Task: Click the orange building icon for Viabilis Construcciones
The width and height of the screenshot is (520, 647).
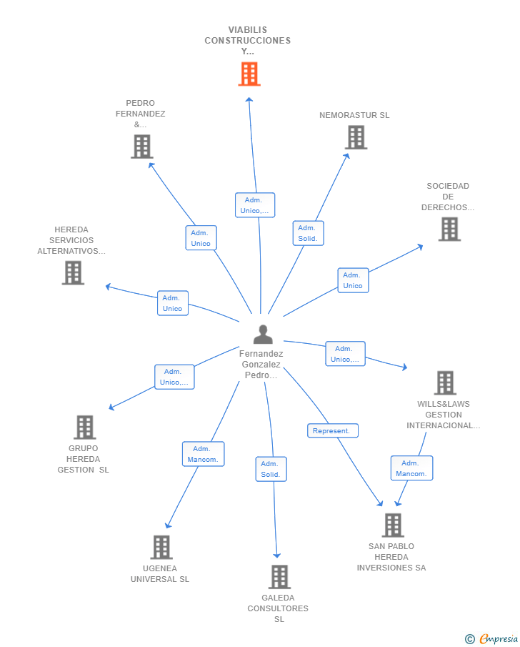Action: (249, 74)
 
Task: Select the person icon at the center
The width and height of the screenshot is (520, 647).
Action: (263, 335)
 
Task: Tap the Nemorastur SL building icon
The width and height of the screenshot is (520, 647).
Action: (356, 137)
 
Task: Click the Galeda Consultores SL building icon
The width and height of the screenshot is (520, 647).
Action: (279, 577)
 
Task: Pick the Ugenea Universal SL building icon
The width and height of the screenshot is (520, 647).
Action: (161, 547)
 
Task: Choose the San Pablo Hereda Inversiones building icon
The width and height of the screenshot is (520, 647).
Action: (393, 525)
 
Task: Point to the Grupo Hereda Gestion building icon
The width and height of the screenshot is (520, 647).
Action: (84, 427)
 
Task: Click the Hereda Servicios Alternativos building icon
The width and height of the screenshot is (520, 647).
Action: (73, 273)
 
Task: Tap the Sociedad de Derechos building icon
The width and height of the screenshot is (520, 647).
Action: (449, 229)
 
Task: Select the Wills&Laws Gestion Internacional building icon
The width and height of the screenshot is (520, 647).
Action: (445, 383)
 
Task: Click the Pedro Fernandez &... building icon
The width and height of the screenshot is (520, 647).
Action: (142, 147)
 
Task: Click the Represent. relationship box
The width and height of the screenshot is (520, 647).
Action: (333, 431)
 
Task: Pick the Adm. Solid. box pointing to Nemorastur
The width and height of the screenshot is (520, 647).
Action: (308, 233)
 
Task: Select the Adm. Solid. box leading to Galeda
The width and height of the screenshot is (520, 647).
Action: (271, 469)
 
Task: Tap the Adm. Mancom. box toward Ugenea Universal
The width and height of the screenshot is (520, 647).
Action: (204, 454)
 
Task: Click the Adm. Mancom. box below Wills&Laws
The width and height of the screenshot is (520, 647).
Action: (411, 468)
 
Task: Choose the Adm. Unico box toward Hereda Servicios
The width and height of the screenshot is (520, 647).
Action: (173, 303)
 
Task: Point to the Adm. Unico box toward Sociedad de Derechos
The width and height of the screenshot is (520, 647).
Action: (353, 280)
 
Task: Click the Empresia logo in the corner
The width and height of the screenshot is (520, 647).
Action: (491, 638)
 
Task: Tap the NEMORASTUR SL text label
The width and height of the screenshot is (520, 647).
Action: (354, 115)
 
